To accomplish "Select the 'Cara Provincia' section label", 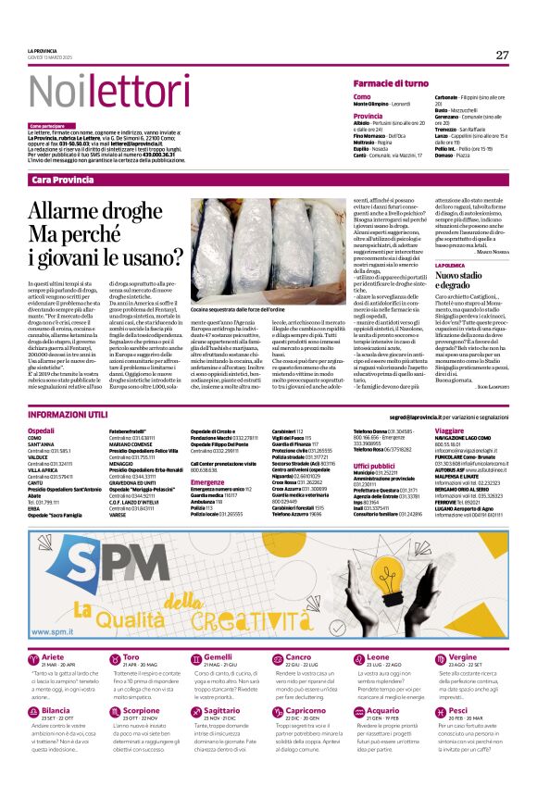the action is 62,179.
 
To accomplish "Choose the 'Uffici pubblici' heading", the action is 373,466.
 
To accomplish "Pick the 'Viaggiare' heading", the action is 449,431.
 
